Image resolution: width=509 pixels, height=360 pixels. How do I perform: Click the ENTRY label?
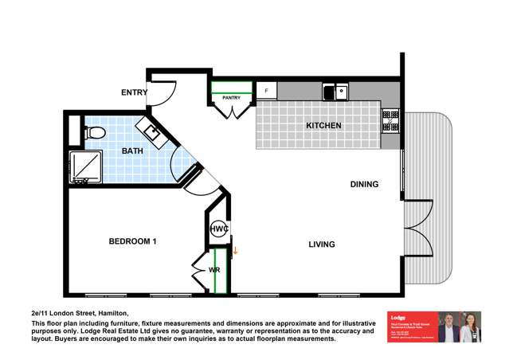click(134, 92)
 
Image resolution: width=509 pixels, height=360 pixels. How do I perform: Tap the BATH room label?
click(132, 150)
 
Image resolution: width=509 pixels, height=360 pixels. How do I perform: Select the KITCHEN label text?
click(324, 126)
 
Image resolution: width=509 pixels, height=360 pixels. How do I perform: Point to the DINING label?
click(364, 184)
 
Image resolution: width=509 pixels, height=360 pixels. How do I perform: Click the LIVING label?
click(322, 244)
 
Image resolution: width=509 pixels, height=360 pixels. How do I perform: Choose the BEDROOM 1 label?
click(132, 241)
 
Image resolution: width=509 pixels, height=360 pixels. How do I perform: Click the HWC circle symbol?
click(219, 229)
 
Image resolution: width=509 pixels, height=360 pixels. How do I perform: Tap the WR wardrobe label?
click(213, 270)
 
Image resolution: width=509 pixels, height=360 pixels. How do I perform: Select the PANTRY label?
click(232, 98)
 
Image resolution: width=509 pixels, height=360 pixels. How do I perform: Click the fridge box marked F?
click(266, 91)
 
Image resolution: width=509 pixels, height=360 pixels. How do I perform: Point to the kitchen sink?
click(335, 92)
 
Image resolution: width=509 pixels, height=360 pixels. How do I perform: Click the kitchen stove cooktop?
click(390, 120)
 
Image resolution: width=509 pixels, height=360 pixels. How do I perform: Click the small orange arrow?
click(235, 251)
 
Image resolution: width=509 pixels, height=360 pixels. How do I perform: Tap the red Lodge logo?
click(410, 327)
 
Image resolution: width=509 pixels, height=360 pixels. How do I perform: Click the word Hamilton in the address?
click(111, 313)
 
